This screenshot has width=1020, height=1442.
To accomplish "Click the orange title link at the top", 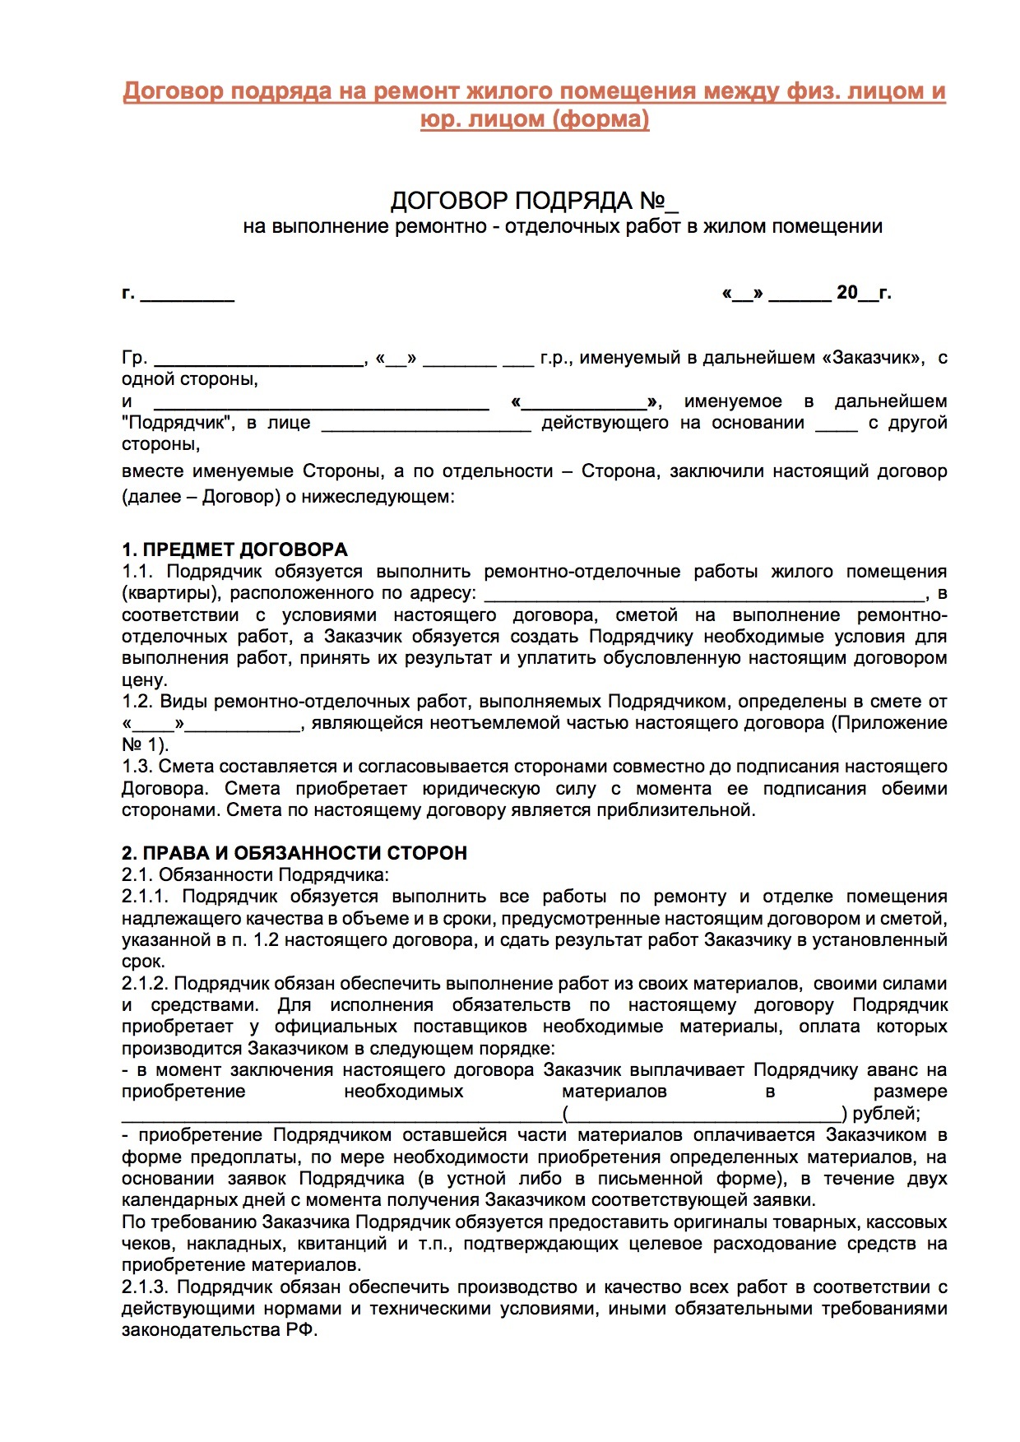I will coord(534,104).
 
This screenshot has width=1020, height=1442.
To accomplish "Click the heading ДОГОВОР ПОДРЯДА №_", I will coord(534,202).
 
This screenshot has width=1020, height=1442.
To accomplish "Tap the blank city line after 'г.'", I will coord(188,294).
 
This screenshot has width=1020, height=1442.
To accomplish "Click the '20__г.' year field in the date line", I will coord(863,293).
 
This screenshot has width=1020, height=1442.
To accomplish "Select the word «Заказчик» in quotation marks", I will coord(873,358).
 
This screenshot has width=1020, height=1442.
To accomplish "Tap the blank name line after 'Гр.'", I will coord(259,359).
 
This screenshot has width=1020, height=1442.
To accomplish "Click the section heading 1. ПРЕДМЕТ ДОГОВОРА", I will coord(234,549).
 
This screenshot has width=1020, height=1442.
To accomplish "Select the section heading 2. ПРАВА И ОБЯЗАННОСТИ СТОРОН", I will coord(294,853).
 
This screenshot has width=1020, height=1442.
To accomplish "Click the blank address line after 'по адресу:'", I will coord(705,595).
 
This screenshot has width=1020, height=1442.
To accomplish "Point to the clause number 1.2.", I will coord(137,702).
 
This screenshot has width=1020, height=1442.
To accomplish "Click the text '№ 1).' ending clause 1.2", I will coord(145,745).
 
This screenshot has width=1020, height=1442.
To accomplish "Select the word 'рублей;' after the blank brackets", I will coord(886,1114).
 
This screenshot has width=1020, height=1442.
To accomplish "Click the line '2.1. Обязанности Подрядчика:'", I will coord(255,875).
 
